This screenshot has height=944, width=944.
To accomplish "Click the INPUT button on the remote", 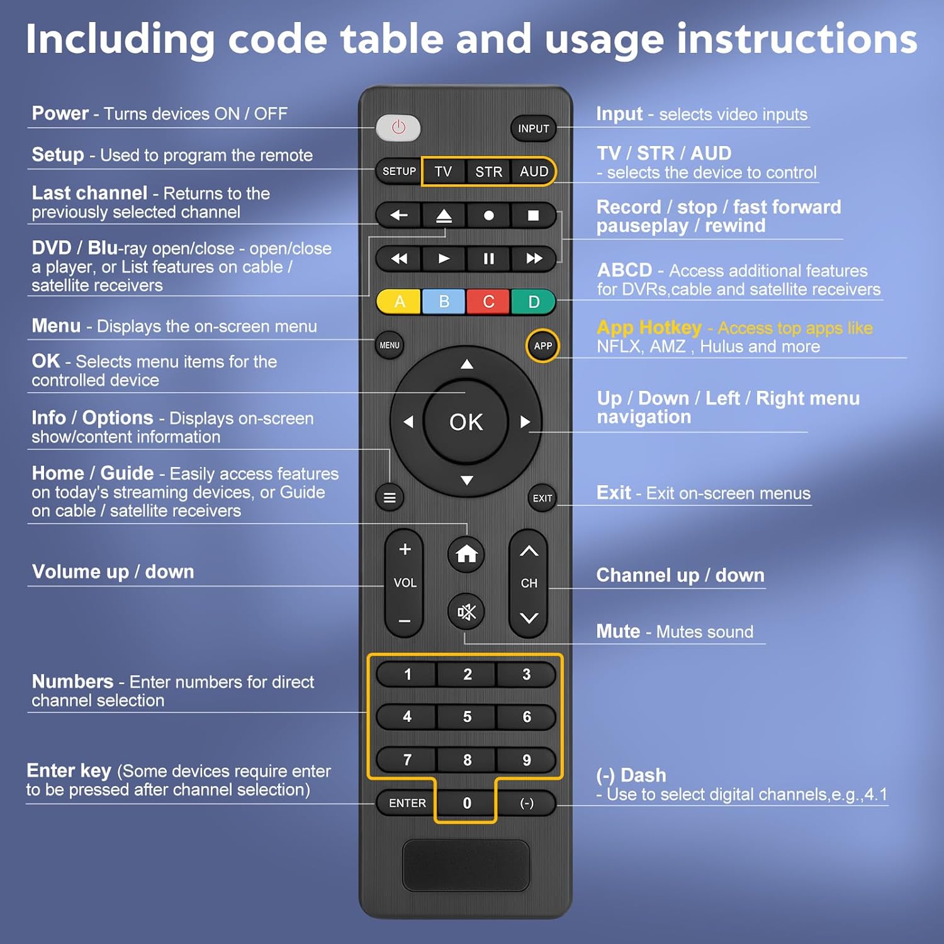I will point(533,128).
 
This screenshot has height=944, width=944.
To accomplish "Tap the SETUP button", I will point(399,171).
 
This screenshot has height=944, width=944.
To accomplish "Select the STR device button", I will point(488,172).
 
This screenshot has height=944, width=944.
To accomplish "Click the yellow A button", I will point(399,302).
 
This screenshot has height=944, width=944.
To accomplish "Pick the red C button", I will point(488,302).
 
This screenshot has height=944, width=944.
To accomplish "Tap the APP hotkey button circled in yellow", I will point(542,346).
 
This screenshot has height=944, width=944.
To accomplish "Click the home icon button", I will point(466,554).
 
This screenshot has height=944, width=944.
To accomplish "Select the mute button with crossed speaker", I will point(466,611).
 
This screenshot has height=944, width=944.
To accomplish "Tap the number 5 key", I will point(467,717).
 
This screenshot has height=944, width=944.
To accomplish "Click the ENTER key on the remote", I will point(407,803).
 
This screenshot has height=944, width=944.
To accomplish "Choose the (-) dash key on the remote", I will point(527,803).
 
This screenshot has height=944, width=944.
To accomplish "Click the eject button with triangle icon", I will point(444,215).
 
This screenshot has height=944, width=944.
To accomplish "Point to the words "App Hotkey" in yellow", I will point(649,327).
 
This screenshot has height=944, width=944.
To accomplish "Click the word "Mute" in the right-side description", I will point(618,631).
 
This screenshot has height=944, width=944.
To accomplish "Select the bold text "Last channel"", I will point(89,193).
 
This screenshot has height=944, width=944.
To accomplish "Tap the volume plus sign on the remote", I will point(405,549).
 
